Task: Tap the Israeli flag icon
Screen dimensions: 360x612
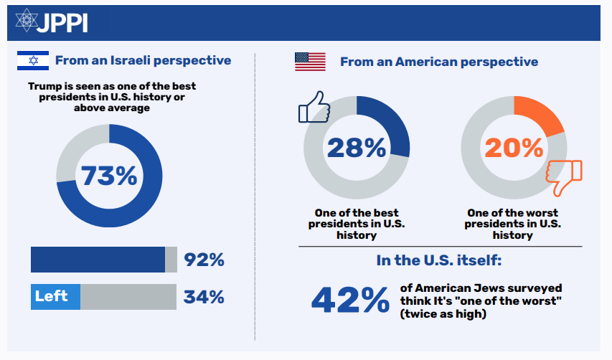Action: click(32, 61)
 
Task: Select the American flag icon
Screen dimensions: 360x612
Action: click(310, 62)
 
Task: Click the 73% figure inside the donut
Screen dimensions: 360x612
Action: click(108, 176)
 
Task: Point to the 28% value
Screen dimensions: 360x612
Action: click(357, 148)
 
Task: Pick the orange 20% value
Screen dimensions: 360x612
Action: click(514, 148)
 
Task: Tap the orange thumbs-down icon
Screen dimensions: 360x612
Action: click(565, 178)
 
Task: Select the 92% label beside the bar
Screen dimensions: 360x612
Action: click(204, 260)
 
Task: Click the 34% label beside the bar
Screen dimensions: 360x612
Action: click(204, 297)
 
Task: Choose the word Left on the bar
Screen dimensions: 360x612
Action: click(52, 296)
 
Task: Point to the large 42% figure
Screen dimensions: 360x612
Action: click(349, 300)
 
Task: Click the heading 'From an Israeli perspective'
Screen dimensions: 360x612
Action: click(143, 61)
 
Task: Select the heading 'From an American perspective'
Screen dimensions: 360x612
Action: click(439, 62)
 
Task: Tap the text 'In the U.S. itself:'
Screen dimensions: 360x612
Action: click(440, 260)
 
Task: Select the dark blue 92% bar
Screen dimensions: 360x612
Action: click(98, 260)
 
